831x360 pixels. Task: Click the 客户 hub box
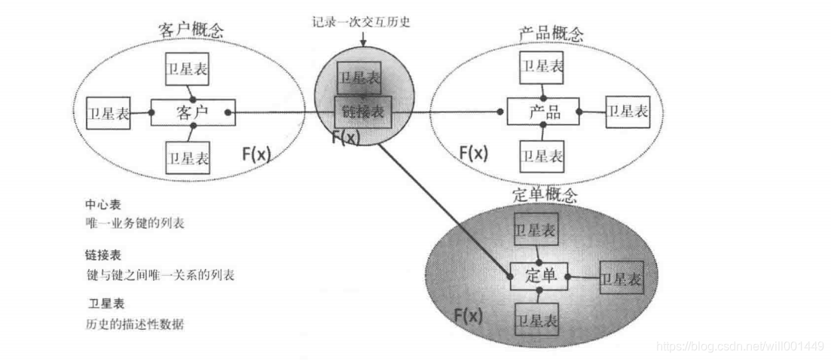pyautogui.click(x=192, y=113)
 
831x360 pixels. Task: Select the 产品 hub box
pyautogui.click(x=542, y=112)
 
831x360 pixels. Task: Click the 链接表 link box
pyautogui.click(x=363, y=112)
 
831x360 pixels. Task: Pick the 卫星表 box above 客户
pyautogui.click(x=188, y=70)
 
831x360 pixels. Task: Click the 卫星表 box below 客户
pyautogui.click(x=188, y=157)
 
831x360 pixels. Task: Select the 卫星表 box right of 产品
pyautogui.click(x=627, y=111)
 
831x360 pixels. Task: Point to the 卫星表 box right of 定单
pyautogui.click(x=622, y=278)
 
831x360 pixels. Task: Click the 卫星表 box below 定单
pyautogui.click(x=536, y=320)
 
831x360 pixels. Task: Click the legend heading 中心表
pyautogui.click(x=102, y=205)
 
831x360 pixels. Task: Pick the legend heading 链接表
pyautogui.click(x=104, y=255)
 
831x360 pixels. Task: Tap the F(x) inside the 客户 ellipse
pyautogui.click(x=256, y=154)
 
